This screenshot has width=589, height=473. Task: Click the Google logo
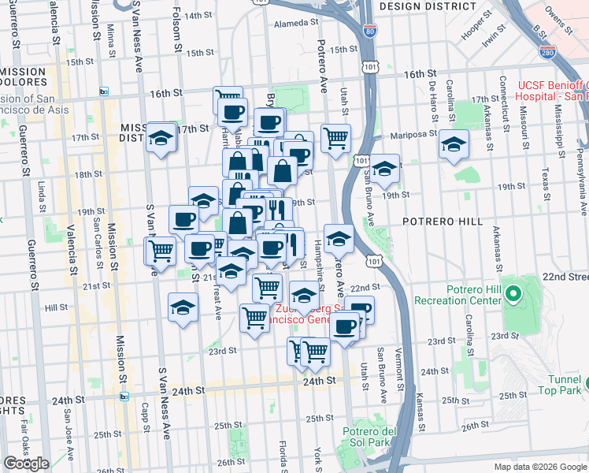click(26, 464)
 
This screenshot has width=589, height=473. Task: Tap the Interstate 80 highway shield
click(371, 32)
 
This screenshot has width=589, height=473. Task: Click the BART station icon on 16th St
click(103, 92)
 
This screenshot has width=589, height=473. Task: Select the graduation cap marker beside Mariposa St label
click(454, 144)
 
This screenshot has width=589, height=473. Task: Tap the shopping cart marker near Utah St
click(335, 138)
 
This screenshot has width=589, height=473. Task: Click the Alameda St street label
click(294, 24)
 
